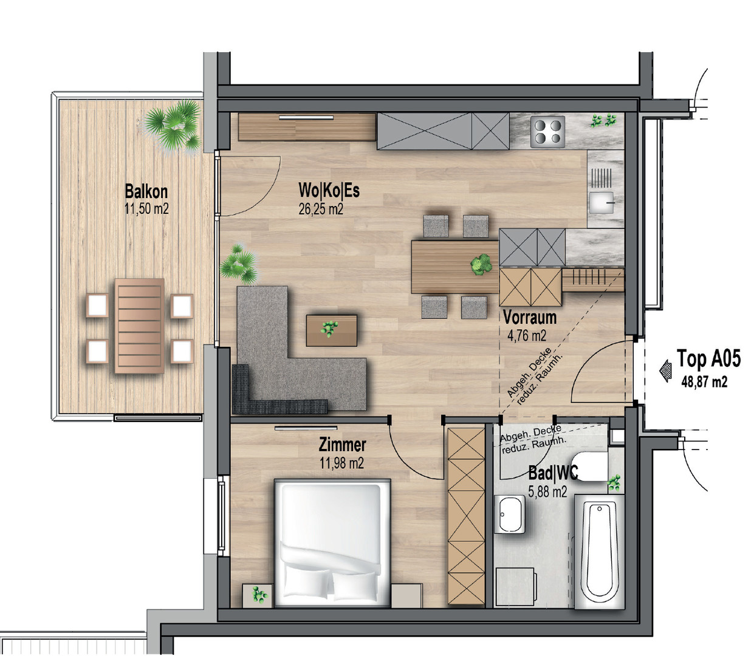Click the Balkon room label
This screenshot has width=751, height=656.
pos(146,191)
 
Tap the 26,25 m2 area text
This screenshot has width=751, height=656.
pos(321,209)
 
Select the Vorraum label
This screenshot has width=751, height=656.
pos(530,318)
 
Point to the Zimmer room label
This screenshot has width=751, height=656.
pos(342,445)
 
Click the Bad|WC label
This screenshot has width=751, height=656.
pos(553,473)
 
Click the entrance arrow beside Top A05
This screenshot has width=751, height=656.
pos(665,371)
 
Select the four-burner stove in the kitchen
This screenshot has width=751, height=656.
pos(547,132)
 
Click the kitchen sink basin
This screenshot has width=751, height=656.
pos(602,202)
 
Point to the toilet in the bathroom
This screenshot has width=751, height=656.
pos(590,466)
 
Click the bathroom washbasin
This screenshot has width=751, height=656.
pos(510,514)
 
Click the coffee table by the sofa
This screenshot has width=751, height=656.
pos(332,330)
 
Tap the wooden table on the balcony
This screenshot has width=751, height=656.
pos(140,326)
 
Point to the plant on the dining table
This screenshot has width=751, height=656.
pos(481,264)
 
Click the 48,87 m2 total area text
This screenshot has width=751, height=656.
pos(704,382)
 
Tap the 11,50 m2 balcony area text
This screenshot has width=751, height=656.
pos(146,209)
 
